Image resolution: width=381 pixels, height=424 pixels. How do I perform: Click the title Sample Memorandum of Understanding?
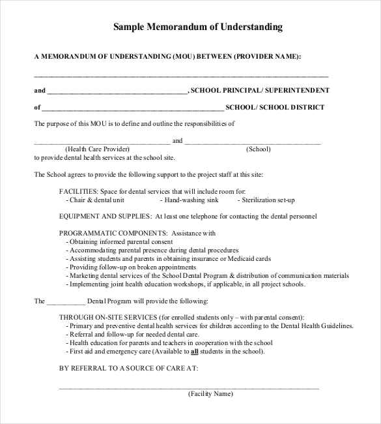(x=198, y=27)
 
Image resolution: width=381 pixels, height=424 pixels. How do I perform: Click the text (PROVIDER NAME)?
(x=268, y=57)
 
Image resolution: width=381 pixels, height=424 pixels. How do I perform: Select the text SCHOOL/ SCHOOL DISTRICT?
(x=275, y=107)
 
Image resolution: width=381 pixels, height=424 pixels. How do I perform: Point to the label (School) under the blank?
(x=259, y=149)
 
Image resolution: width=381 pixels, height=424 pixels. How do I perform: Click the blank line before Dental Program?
(x=66, y=301)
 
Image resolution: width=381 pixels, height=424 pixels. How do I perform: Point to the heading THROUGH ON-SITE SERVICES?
(x=107, y=317)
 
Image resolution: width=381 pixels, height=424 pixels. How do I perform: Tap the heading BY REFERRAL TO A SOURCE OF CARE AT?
(x=128, y=368)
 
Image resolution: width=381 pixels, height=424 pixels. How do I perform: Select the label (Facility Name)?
(x=210, y=394)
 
